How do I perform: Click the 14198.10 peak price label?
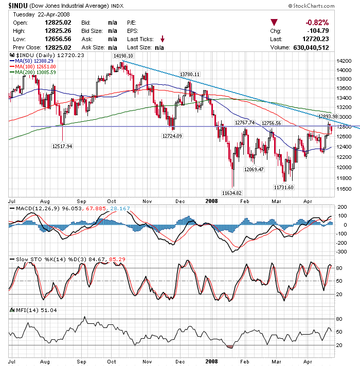(123, 56)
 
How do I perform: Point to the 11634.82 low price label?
(232, 192)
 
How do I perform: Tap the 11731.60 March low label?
(283, 187)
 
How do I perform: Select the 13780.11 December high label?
(189, 74)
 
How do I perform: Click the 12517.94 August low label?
(62, 146)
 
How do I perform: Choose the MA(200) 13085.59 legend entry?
(36, 72)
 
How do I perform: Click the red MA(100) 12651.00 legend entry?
(36, 67)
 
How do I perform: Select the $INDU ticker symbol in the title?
(17, 6)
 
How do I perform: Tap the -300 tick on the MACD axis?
(341, 252)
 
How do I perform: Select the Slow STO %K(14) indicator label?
(39, 259)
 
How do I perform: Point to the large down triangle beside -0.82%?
(275, 23)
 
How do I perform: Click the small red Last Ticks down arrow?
(163, 39)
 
